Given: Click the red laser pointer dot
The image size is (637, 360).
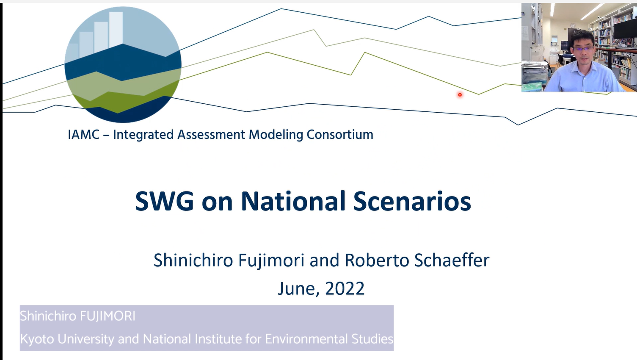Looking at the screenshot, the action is click(460, 95).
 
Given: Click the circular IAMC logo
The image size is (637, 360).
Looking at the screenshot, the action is click(123, 65).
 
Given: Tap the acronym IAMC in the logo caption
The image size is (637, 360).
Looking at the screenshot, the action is click(84, 135).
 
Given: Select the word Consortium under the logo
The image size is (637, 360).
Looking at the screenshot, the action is click(340, 135).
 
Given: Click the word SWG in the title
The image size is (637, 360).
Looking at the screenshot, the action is click(164, 201).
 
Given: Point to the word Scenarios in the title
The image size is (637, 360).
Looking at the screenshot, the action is click(412, 201).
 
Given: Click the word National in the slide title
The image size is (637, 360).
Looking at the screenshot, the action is click(293, 201).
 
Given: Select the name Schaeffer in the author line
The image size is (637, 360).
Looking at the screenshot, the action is click(452, 260).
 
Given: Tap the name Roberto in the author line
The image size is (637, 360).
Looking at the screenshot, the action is click(377, 260).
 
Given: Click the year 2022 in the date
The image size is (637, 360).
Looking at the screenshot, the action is click(345, 288).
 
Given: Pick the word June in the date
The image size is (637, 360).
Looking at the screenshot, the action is click(298, 289).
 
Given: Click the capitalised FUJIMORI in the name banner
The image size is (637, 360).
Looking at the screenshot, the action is click(108, 316).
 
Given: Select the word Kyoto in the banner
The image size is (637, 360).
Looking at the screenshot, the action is click(37, 339).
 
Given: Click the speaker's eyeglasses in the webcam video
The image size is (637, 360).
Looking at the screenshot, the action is click(583, 49).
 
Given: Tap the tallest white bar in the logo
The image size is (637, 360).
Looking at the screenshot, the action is click(116, 29).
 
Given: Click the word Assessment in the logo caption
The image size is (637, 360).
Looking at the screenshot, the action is click(211, 135).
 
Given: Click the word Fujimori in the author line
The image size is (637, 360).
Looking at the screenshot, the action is click(271, 260).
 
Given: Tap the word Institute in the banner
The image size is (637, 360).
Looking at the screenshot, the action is click(218, 339).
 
